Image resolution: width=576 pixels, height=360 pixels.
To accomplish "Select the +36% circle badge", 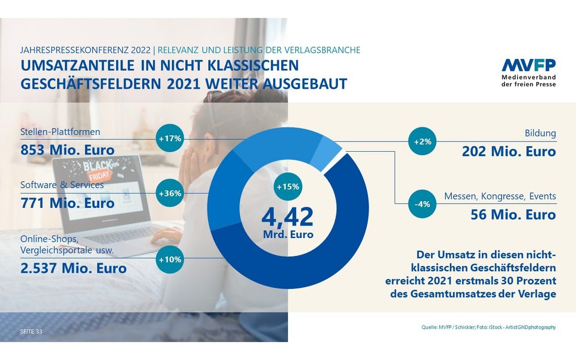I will [170, 194].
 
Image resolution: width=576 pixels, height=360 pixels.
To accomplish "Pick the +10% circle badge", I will [170, 260].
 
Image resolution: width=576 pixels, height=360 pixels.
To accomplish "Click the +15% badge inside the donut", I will [288, 187].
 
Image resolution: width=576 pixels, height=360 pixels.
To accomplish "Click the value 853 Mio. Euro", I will [68, 150].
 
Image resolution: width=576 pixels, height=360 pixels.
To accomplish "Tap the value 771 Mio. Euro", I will [68, 203].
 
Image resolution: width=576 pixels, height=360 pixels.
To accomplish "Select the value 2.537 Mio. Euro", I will [73, 268].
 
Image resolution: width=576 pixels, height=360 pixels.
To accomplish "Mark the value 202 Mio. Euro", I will [509, 152].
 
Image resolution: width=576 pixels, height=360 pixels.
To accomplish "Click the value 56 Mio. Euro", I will [513, 214].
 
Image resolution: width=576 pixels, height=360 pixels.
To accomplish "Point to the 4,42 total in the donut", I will [287, 216].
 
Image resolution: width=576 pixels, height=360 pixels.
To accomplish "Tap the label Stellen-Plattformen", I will [60, 132].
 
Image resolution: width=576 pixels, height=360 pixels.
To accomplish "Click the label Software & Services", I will [62, 185].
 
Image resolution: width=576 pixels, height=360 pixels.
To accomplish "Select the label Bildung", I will [540, 133].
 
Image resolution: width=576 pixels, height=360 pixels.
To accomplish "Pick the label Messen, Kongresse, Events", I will [500, 196].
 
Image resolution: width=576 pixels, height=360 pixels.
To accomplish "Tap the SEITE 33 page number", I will [31, 332].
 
